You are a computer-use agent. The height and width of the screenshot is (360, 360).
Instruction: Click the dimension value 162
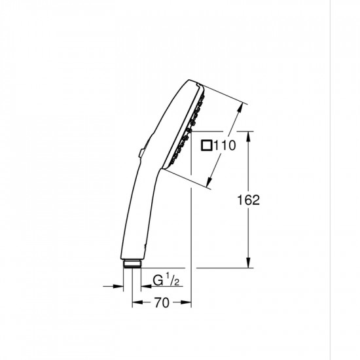249,200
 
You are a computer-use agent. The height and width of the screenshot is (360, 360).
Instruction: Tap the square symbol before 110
206,147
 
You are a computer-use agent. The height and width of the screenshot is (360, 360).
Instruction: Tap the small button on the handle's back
140,153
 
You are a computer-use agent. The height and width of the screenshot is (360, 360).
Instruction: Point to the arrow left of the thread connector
119,285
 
